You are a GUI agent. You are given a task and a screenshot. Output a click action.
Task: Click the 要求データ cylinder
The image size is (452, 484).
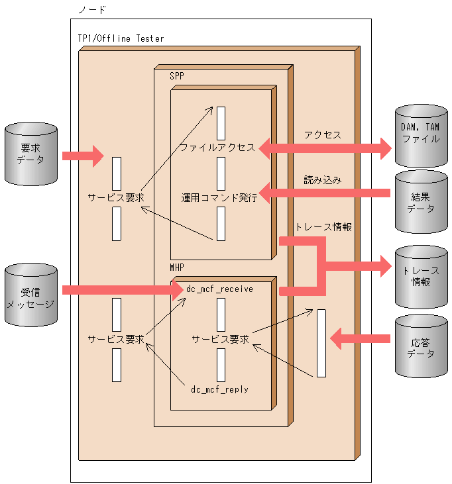[31, 154]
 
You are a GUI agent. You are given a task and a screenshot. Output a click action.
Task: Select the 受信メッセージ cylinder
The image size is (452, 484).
[31, 295]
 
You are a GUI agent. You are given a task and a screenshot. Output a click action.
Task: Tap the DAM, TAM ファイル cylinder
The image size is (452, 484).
[421, 136]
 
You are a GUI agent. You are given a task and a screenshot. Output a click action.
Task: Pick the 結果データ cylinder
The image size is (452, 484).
[421, 201]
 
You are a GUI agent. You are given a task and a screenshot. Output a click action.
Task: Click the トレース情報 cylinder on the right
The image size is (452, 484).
[421, 277]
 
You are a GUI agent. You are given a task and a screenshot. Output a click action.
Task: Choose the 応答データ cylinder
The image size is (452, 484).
[421, 346]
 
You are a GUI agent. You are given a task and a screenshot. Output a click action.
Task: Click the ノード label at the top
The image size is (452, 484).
[92, 10]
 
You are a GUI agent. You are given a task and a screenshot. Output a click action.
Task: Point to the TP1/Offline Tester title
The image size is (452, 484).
[121, 38]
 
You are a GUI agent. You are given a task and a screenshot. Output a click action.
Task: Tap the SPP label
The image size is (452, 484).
[177, 76]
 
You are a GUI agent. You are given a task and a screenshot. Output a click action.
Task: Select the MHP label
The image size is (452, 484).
[177, 267]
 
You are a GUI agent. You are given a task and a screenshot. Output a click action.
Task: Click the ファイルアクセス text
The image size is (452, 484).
[217, 148]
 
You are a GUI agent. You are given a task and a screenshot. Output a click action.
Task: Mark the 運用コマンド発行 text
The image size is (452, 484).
[219, 197]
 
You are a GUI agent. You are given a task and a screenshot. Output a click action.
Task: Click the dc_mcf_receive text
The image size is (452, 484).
[219, 289]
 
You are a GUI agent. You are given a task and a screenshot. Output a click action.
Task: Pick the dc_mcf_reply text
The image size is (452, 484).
[219, 389]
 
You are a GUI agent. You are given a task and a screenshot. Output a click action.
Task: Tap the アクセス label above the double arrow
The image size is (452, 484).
[323, 135]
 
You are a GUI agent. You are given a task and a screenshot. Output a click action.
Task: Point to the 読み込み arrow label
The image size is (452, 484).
[323, 180]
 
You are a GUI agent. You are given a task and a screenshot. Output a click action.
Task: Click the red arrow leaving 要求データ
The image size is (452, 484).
[83, 156]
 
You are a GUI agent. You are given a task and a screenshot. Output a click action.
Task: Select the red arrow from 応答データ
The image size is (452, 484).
[360, 338]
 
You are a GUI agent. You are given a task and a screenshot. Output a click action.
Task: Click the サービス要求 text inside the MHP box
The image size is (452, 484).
[220, 339]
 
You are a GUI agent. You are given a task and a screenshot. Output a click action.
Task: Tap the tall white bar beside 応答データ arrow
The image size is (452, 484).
[321, 343]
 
